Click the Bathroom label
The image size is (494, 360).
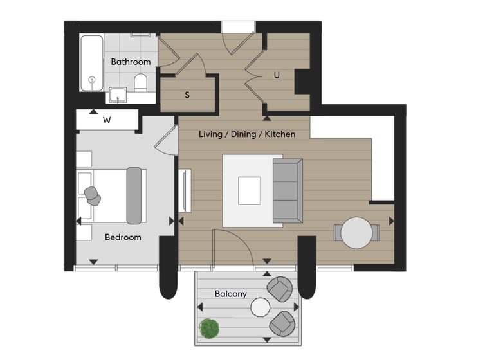coord(131,62)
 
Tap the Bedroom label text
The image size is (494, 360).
coord(123,237)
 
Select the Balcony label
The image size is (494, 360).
coord(231,294)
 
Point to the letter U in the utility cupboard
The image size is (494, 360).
coord(277,75)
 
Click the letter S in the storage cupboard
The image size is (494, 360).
coord(187,94)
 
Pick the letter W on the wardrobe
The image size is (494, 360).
coord(107,120)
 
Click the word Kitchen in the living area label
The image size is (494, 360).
coord(280,134)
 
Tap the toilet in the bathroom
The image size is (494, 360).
coord(140,83)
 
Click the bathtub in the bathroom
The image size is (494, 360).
coord(92,63)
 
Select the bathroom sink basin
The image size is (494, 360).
coord(118,94)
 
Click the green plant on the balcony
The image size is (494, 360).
coord(209,328)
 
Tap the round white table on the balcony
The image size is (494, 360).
coord(261,307)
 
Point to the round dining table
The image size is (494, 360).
coord(356,233)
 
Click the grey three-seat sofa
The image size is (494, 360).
coord(288,190)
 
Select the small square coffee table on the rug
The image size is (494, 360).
coord(249,191)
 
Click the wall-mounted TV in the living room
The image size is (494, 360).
coord(185,190)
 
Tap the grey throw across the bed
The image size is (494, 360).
coord(134,195)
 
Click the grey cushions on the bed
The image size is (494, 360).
coord(93,195)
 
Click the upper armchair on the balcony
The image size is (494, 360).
coord(279,289)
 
